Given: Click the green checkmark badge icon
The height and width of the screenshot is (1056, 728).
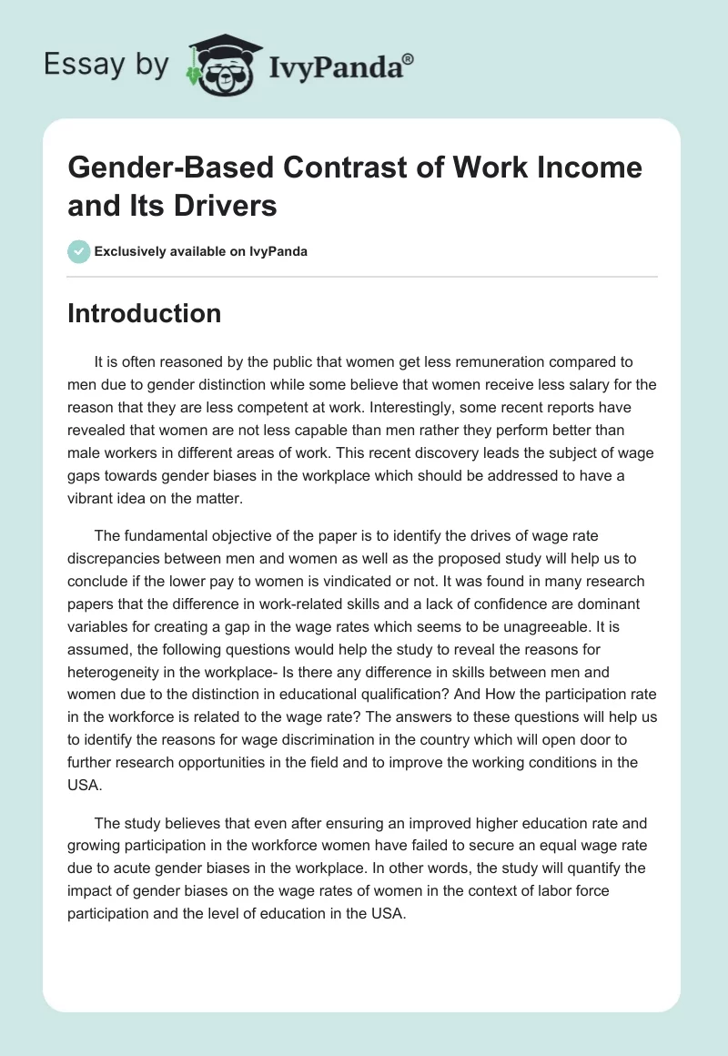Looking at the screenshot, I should tap(79, 251).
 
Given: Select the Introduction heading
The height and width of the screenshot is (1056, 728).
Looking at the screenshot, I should tap(145, 313).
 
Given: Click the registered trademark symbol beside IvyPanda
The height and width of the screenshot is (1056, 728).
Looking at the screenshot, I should tap(409, 57).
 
